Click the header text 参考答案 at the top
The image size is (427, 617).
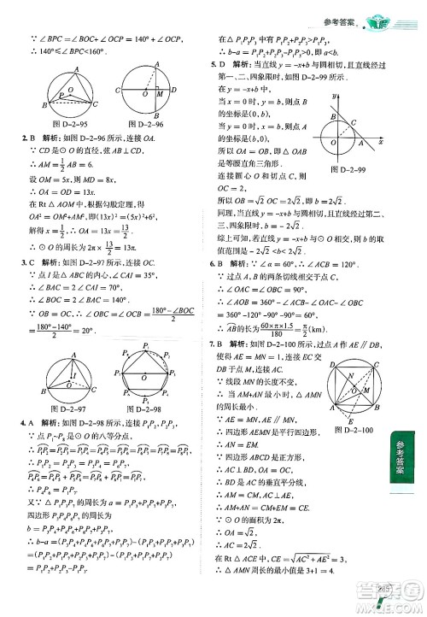click(x=329, y=11)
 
